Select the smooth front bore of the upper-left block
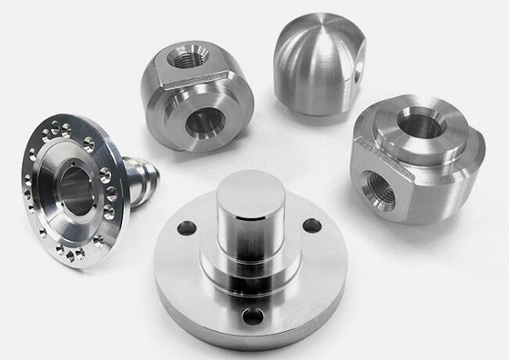click(x=204, y=123)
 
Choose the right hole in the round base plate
click(x=311, y=226)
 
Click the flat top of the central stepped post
click(x=249, y=188)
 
